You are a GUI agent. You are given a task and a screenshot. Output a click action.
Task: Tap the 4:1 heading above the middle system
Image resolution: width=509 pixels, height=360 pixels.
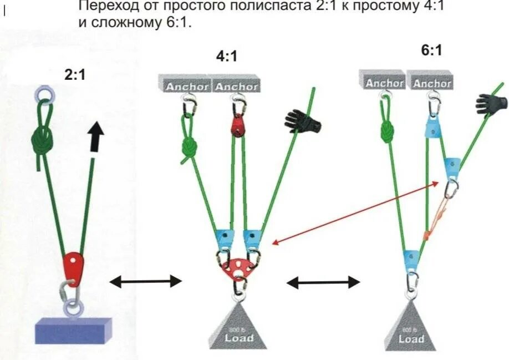pos(227,56)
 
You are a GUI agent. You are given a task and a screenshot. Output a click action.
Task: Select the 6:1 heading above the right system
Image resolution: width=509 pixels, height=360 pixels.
pos(431,50)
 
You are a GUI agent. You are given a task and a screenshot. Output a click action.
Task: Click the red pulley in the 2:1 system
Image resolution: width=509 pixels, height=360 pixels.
pos(73,266)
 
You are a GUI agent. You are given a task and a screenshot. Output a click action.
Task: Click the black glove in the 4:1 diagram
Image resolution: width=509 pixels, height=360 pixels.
pos(303,120)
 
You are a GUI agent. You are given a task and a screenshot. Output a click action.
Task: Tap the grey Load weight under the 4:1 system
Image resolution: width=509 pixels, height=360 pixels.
pos(239,329)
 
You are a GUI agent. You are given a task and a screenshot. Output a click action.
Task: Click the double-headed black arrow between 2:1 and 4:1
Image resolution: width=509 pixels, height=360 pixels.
pos(146,282)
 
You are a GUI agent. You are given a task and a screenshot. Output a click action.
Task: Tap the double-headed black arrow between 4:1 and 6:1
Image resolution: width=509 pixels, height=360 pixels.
pos(323,282)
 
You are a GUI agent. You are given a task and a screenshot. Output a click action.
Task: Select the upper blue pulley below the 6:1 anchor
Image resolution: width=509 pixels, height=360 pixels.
pos(433,128)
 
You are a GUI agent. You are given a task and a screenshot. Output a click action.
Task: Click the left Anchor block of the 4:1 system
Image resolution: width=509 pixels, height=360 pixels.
pos(187,85)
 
